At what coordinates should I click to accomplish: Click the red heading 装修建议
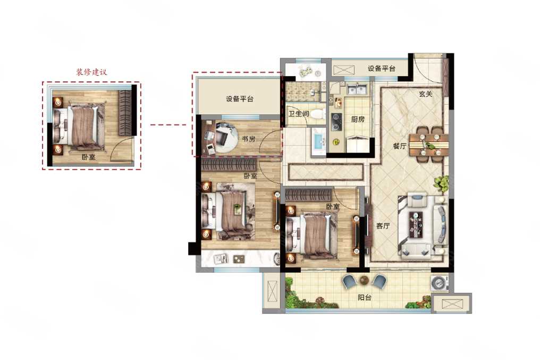tap(91, 72)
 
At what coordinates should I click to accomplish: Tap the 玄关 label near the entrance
tap(426, 94)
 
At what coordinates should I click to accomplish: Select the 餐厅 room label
tap(400, 146)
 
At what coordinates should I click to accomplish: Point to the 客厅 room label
tap(383, 226)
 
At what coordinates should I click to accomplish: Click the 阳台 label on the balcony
tap(365, 297)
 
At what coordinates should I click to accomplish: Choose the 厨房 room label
tap(358, 119)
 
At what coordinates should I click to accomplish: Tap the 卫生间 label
tap(298, 113)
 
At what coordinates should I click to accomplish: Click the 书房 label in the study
tap(248, 139)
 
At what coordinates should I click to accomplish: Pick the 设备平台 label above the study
tap(239, 99)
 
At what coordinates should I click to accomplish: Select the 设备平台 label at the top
tap(381, 68)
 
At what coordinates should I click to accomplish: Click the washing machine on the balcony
tap(440, 282)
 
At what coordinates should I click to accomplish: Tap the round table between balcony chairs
tap(364, 280)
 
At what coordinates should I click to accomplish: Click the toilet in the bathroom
tap(317, 114)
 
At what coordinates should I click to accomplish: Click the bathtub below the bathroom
tap(319, 141)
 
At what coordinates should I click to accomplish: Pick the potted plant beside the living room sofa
tap(442, 183)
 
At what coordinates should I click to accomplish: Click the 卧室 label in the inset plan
tap(89, 157)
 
